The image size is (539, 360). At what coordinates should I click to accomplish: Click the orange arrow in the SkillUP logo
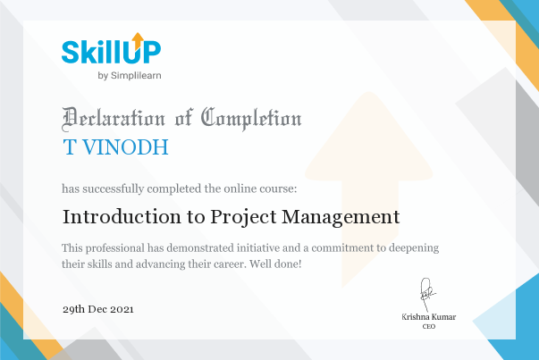(x=138, y=40)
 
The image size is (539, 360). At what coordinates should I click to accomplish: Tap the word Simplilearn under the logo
(x=136, y=76)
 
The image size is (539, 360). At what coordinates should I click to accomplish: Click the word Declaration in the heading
(x=114, y=119)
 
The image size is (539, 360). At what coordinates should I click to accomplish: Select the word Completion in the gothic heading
(x=251, y=119)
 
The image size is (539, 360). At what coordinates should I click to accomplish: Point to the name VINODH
(x=125, y=147)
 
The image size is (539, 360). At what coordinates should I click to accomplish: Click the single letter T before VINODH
(x=70, y=147)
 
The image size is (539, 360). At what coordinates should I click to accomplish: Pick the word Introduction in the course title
(x=122, y=217)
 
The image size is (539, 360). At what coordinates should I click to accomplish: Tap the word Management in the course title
(x=341, y=218)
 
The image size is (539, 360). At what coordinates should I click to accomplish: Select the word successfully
(x=114, y=188)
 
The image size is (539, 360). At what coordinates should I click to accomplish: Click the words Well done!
(x=275, y=264)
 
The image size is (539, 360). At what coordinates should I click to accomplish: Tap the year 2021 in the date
(x=122, y=309)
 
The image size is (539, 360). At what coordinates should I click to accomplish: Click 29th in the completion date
(x=73, y=309)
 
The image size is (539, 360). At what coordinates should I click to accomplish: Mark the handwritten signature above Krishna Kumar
(x=427, y=295)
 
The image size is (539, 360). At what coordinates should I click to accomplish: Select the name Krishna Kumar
(x=429, y=317)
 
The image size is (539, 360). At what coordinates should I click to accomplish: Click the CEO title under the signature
(x=429, y=326)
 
